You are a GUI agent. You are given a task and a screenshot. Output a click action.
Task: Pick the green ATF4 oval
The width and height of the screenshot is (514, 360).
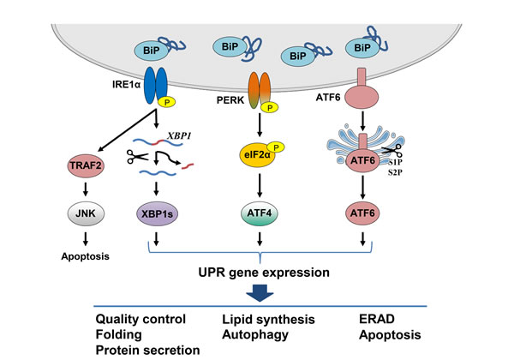(x=258, y=209)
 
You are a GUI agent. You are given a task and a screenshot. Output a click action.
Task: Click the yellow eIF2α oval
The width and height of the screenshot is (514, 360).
(x=254, y=158)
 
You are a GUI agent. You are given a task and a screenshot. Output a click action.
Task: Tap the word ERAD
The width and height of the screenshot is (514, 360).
(x=380, y=320)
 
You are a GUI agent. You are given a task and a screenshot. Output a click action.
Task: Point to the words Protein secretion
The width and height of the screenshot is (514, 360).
(x=147, y=351)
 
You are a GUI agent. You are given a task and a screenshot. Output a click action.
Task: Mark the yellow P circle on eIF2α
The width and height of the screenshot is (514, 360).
(x=279, y=145)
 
